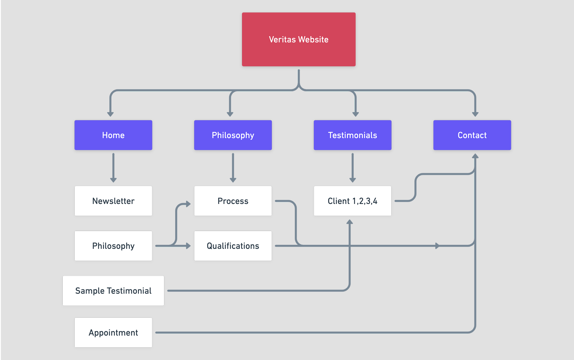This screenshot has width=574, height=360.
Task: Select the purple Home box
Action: [x=113, y=135]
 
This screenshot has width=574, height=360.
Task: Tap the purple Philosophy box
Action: [x=233, y=135]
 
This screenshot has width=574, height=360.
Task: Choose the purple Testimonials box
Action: [x=352, y=135]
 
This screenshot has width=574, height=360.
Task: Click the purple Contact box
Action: [x=472, y=135]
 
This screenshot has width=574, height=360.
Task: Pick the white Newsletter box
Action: [x=113, y=201]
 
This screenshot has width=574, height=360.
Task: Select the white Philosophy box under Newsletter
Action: [x=113, y=246]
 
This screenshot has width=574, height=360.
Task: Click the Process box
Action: [x=233, y=201]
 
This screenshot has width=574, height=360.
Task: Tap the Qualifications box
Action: [x=233, y=246]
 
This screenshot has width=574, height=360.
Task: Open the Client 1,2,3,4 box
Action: [x=352, y=201]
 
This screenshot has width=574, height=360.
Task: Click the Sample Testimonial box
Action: [x=113, y=290]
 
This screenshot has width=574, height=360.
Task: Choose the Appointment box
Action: [x=113, y=332]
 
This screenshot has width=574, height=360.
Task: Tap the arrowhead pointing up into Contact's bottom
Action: [x=475, y=156]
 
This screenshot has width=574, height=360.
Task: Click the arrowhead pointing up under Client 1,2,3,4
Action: [x=349, y=222]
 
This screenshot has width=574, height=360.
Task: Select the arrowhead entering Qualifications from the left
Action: [x=188, y=246]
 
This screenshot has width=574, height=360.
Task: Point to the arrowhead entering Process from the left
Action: [x=188, y=204]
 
